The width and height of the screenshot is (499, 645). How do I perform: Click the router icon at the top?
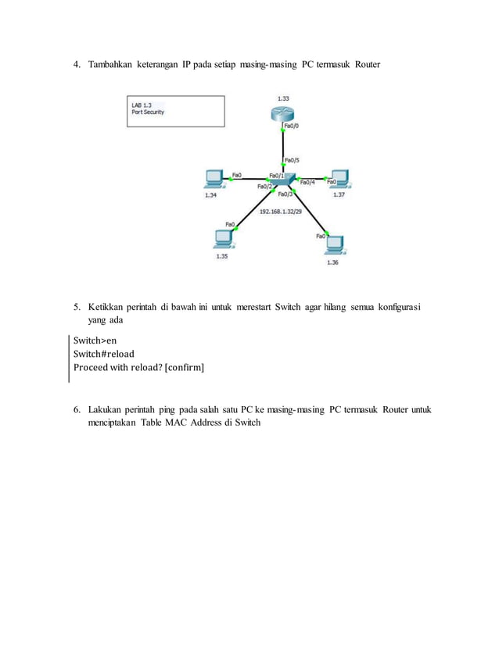(282, 114)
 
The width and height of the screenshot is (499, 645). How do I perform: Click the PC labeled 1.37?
(339, 179)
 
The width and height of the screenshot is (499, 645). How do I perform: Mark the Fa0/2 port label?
(264, 187)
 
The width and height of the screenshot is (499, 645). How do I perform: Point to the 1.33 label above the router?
(282, 98)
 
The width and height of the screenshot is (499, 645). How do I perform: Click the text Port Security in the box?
(148, 112)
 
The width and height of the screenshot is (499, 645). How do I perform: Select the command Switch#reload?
(104, 353)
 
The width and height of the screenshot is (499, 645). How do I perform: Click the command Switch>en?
(95, 340)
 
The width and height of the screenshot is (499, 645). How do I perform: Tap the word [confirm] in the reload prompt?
(185, 366)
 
